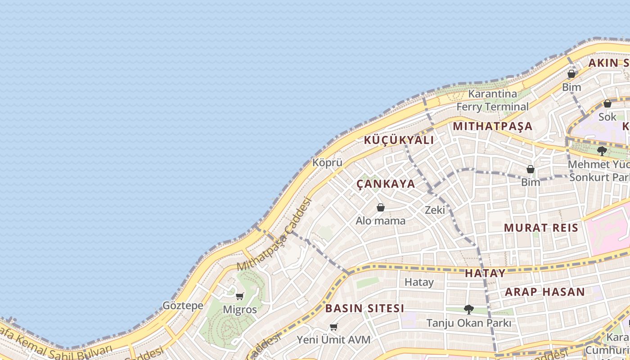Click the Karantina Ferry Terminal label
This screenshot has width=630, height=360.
coord(492,100)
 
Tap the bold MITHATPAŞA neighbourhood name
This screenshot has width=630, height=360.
coord(493,126)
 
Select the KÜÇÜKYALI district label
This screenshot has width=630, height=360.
coord(399,140)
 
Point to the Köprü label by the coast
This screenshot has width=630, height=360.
coord(328,163)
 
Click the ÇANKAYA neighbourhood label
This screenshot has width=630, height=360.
coord(386,184)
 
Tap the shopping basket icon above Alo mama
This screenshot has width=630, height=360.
coord(381,207)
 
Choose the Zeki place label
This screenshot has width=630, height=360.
coord(435,210)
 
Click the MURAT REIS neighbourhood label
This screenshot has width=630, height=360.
coord(541,228)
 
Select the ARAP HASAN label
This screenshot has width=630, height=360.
coord(544,292)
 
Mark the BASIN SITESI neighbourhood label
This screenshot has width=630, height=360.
coord(364,309)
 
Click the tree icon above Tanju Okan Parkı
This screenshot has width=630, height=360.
coord(469,309)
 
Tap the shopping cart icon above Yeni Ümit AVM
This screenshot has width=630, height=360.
coord(333,327)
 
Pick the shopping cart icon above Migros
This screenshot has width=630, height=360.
coord(240,296)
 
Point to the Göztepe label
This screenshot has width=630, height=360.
coord(183,306)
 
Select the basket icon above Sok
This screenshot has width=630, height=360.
coord(607,104)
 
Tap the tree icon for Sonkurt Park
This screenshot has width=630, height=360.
coord(602,151)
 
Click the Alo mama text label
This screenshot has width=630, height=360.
coord(380,221)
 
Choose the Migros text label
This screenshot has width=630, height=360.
coord(240,310)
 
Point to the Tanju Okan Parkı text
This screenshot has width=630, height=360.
coord(468,323)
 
